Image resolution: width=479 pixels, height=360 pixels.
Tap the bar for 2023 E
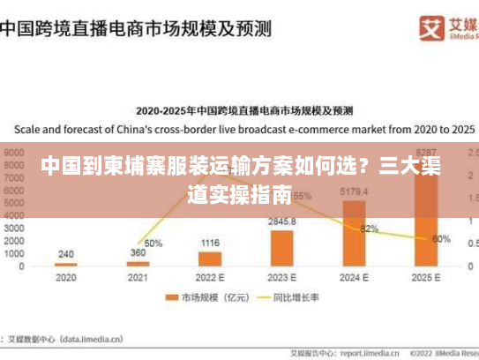click(x=282, y=248)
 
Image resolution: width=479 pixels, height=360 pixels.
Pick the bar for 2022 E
click(x=210, y=259)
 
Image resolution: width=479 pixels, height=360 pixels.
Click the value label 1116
click(x=210, y=243)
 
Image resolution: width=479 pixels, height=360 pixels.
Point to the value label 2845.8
click(x=282, y=221)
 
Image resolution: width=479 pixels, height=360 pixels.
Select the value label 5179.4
click(x=354, y=192)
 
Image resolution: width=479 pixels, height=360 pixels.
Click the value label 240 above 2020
click(x=66, y=254)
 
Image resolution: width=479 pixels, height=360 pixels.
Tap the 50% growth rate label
click(x=153, y=244)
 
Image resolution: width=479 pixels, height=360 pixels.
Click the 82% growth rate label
click(x=369, y=229)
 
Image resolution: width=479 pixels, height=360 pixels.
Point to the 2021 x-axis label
click(x=138, y=277)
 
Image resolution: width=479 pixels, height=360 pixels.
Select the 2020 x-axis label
click(x=66, y=277)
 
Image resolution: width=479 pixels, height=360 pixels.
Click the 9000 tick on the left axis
click(x=15, y=152)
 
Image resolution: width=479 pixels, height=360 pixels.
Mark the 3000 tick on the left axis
click(x=15, y=228)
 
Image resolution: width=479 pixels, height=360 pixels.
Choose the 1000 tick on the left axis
click(x=15, y=253)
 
